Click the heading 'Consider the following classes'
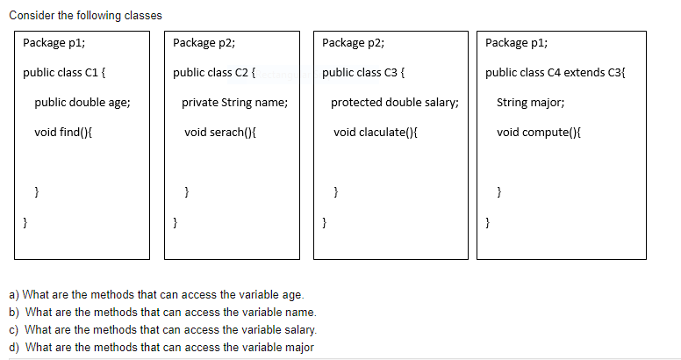click(73, 16)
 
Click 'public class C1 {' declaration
click(66, 72)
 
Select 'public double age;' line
click(82, 102)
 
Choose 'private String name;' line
click(234, 102)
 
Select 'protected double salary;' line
click(394, 102)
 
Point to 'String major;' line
click(530, 102)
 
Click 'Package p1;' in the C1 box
click(54, 42)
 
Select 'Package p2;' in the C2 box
click(204, 42)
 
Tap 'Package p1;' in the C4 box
click(516, 42)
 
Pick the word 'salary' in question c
click(298, 329)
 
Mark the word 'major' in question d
click(297, 347)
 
